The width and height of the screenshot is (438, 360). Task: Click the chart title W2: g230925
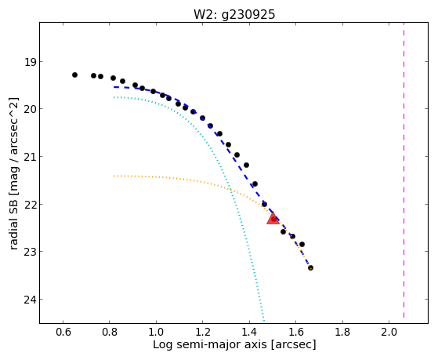234,14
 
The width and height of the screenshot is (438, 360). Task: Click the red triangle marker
273,219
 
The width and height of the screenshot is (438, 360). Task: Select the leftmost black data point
74,75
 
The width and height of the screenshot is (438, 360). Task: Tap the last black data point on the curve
310,267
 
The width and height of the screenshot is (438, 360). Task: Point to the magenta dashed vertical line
404,170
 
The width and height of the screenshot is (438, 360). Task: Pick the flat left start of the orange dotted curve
114,176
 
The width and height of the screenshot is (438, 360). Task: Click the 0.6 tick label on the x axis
63,332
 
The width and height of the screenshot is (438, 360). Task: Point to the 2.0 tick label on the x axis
389,332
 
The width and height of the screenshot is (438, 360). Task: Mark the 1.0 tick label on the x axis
156,332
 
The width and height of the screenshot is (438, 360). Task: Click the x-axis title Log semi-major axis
210,344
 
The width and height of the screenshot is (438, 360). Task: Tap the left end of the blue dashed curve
114,87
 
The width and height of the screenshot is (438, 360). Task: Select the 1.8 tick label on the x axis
342,332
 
